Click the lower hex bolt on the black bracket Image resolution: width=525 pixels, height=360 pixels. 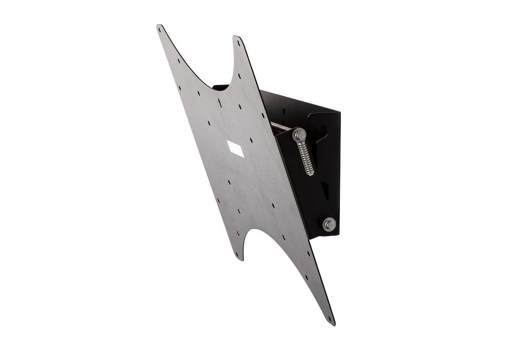point(329,224)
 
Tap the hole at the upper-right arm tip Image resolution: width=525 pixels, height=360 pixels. point(239,43)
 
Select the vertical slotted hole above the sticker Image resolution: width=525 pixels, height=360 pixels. point(221,103)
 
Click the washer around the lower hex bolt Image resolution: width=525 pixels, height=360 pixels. point(329,224)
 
